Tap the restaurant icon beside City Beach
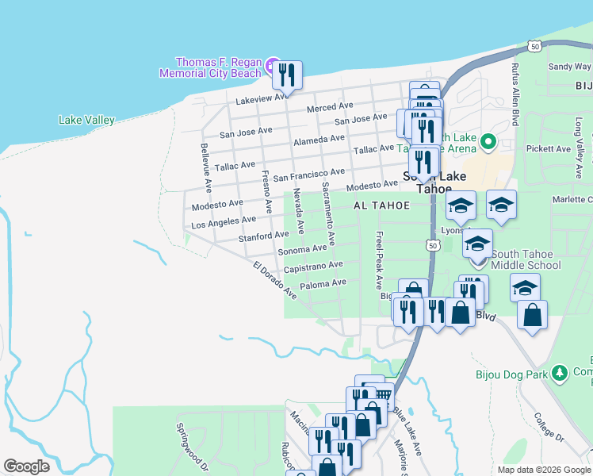pyautogui.click(x=287, y=76)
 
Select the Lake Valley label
pyautogui.click(x=86, y=121)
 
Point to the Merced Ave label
pyautogui.click(x=330, y=106)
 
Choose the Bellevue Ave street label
pyautogui.click(x=205, y=167)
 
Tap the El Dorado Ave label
pyautogui.click(x=274, y=280)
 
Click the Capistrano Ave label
pyautogui.click(x=313, y=266)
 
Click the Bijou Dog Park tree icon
pyautogui.click(x=559, y=371)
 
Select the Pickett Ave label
pyautogui.click(x=553, y=148)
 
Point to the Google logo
pyautogui.click(x=26, y=466)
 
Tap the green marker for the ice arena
pyautogui.click(x=488, y=143)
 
